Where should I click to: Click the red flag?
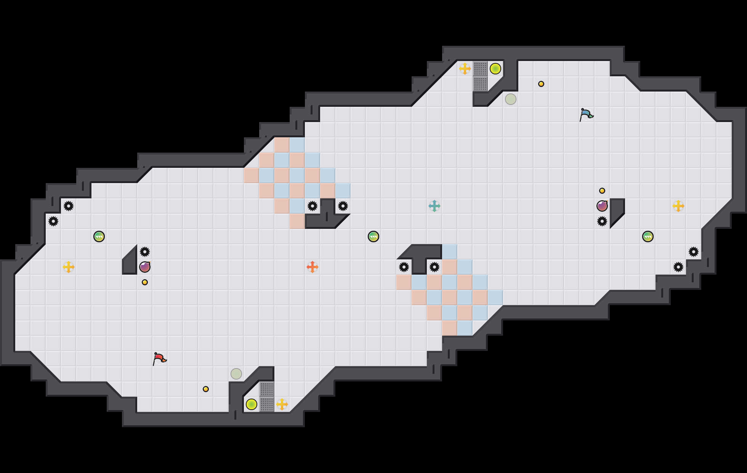tap(159, 359)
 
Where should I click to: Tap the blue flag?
tap(586, 114)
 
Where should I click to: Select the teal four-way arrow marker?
tap(434, 206)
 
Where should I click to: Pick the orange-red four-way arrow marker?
tap(313, 267)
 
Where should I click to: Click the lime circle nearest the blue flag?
tap(495, 69)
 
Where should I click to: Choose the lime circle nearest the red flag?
tap(252, 404)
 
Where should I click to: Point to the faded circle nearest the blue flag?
tap(511, 99)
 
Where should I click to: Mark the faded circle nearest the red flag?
tap(236, 374)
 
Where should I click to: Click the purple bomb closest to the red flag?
tap(145, 267)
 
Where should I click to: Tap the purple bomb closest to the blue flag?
tap(602, 206)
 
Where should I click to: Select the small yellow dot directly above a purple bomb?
tap(602, 191)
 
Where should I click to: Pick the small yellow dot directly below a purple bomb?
tap(145, 282)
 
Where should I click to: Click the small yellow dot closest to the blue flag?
tap(541, 84)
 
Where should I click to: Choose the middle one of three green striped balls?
tap(373, 236)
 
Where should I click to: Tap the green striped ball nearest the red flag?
tap(99, 236)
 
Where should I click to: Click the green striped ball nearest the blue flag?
tap(648, 236)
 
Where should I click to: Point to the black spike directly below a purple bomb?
tap(602, 221)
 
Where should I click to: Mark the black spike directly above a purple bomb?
tap(145, 252)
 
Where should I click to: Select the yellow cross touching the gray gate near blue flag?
tap(465, 69)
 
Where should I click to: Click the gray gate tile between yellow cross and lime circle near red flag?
tap(267, 404)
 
